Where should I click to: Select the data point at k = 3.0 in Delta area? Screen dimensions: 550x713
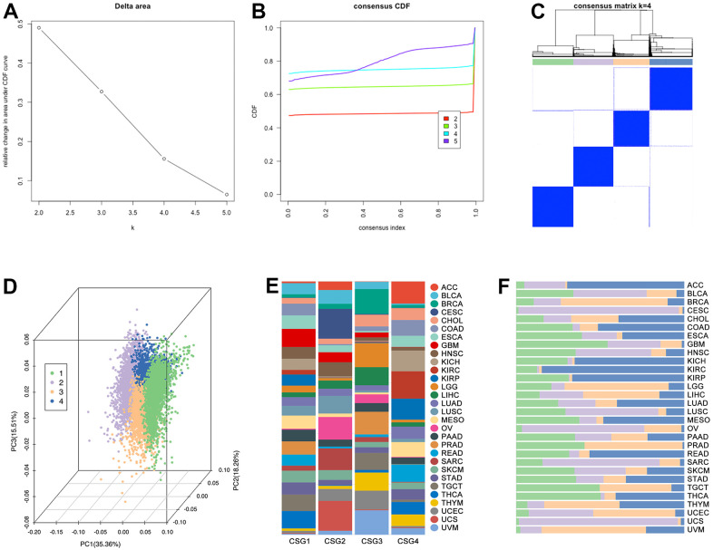tap(102, 92)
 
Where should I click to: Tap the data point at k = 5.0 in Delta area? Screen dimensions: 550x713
tap(227, 194)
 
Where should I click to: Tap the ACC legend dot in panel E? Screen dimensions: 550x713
tap(435, 286)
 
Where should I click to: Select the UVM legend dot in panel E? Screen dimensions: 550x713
tap(435, 528)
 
